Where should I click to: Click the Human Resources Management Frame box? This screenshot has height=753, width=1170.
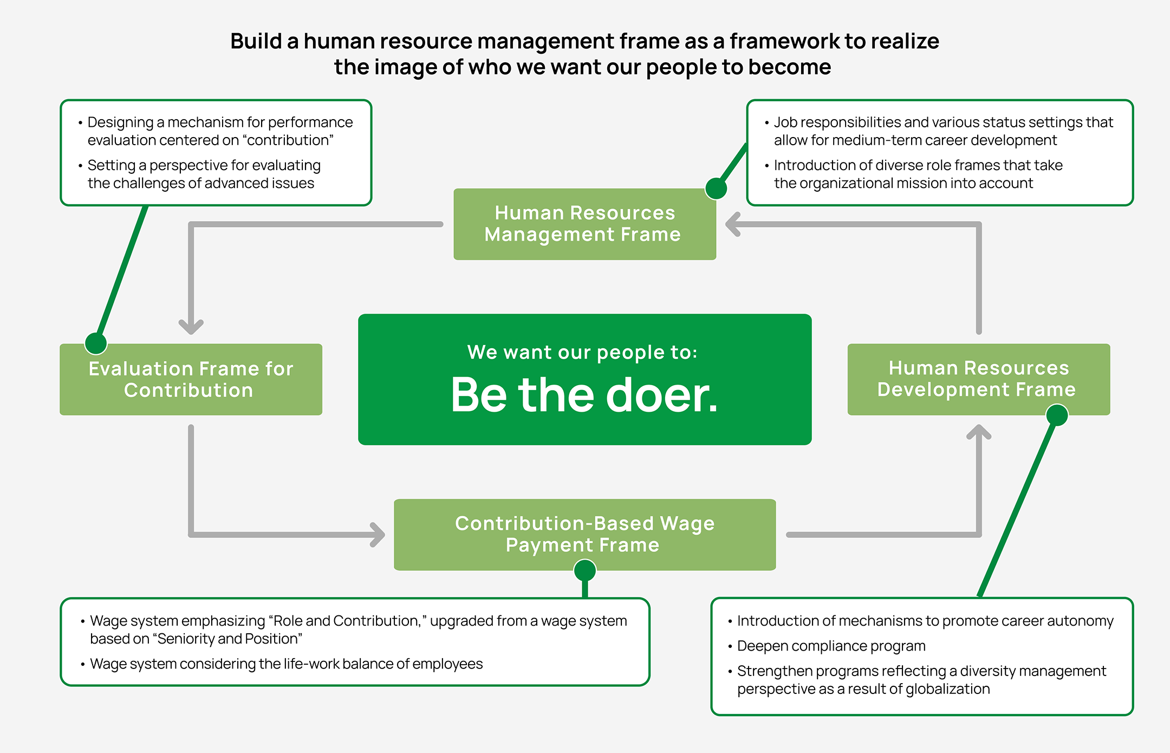pyautogui.click(x=584, y=224)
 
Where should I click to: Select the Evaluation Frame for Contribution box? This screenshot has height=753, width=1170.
pyautogui.click(x=191, y=379)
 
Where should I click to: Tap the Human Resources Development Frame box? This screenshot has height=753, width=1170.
pyautogui.click(x=978, y=379)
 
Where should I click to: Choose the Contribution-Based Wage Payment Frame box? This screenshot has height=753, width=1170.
pyautogui.click(x=584, y=534)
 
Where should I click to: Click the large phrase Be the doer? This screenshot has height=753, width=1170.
pyautogui.click(x=584, y=395)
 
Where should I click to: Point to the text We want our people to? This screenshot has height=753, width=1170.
pyautogui.click(x=582, y=352)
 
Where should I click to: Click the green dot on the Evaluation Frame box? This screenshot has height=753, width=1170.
pyautogui.click(x=96, y=343)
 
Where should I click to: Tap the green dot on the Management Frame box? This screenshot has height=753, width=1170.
pyautogui.click(x=716, y=189)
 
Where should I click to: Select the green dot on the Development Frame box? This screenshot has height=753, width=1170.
pyautogui.click(x=1057, y=416)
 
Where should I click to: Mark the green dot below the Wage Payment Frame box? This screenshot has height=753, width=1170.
pyautogui.click(x=585, y=570)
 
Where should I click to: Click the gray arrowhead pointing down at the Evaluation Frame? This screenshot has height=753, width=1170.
pyautogui.click(x=191, y=327)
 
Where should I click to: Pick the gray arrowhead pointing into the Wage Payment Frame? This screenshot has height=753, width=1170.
pyautogui.click(x=378, y=535)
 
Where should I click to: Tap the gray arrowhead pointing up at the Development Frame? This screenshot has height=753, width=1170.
pyautogui.click(x=979, y=432)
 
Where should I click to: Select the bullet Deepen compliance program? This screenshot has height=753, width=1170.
pyautogui.click(x=831, y=646)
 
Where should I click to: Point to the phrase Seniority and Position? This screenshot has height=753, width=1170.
pyautogui.click(x=227, y=639)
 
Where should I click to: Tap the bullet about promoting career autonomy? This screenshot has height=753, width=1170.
pyautogui.click(x=925, y=621)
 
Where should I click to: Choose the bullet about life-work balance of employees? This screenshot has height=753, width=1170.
pyautogui.click(x=286, y=664)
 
